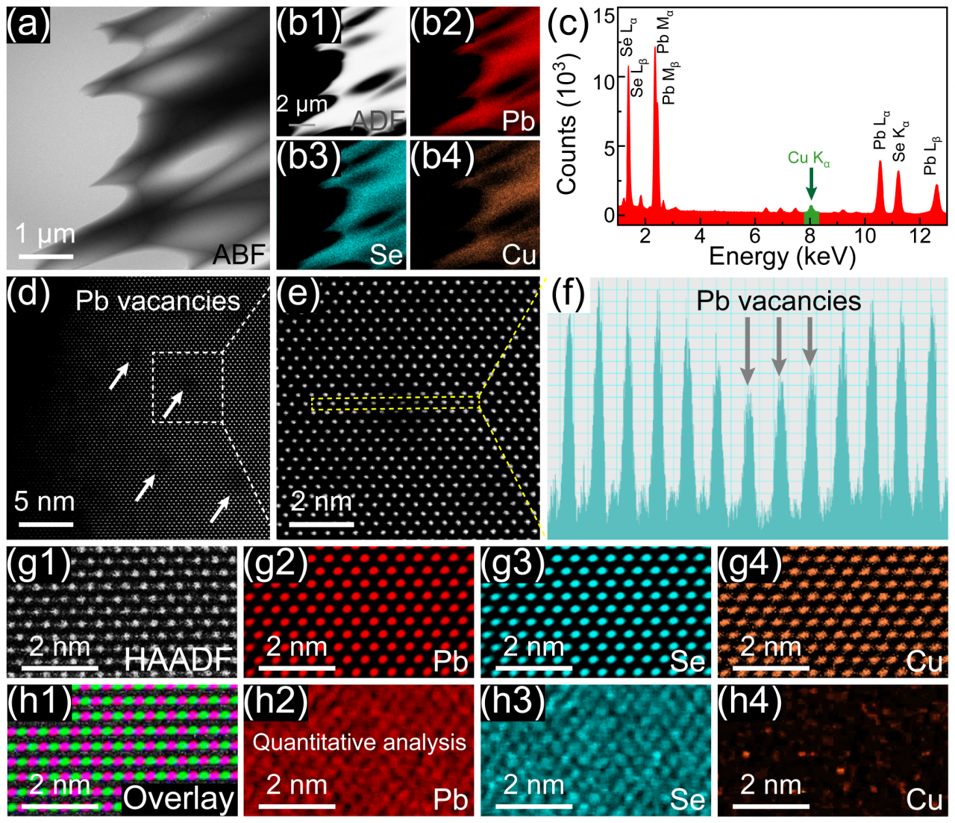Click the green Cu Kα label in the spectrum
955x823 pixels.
[x=809, y=158]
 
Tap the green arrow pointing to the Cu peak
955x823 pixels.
[x=811, y=184]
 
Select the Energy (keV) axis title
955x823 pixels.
[x=782, y=256]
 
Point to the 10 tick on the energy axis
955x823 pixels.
[x=865, y=236]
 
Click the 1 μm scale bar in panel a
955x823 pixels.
[x=46, y=257]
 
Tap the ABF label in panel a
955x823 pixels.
[x=239, y=254]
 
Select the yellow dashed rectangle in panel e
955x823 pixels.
[x=395, y=404]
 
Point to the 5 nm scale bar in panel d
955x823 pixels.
[x=45, y=524]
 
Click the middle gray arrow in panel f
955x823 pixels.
[x=778, y=347]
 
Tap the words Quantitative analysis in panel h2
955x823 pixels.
[x=359, y=742]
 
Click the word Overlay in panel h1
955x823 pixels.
[x=178, y=798]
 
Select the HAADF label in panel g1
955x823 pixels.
[x=178, y=660]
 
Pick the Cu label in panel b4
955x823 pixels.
[x=519, y=255]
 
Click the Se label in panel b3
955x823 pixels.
[x=386, y=255]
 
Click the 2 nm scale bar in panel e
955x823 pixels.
[x=322, y=525]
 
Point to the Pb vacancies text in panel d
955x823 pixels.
[x=158, y=301]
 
